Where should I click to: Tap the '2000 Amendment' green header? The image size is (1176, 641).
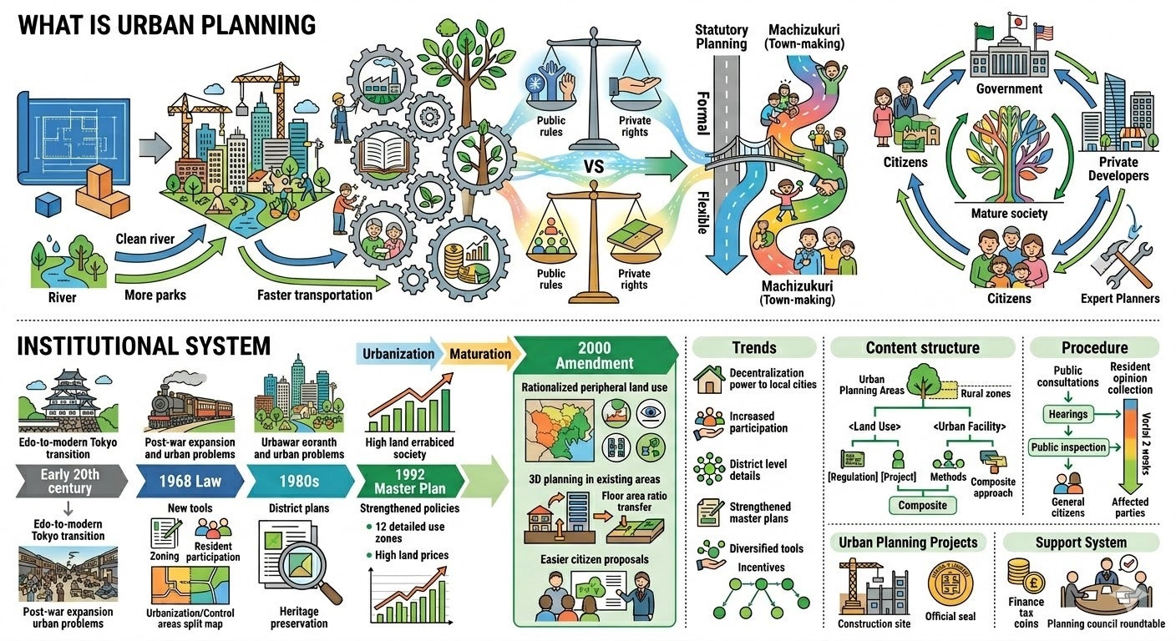[x=594, y=356]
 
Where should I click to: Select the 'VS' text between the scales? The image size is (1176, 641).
[x=594, y=166]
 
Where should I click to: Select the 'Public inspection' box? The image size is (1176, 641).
[x=1067, y=447]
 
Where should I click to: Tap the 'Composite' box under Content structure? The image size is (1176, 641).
[x=922, y=504]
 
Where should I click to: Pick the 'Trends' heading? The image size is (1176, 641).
[x=753, y=348]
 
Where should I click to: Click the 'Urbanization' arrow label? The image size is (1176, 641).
[x=398, y=353]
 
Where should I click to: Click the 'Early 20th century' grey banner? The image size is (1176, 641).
[x=69, y=482]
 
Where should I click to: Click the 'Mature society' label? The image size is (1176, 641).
[x=1009, y=213]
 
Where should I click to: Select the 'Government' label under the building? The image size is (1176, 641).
[x=1011, y=88]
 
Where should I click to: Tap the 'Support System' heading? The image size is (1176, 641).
[x=1081, y=543]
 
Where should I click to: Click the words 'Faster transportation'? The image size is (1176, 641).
[x=314, y=295]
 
